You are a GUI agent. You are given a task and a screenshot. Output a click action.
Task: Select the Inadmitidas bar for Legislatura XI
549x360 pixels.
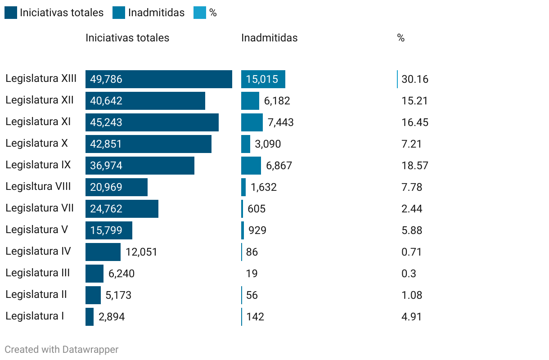252,122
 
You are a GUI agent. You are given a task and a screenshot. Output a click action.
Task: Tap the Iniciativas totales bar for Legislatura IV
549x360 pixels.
103,252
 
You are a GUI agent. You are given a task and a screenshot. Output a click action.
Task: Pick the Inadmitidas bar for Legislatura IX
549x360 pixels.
251,166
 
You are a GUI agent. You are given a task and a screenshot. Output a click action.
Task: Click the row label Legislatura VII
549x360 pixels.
40,208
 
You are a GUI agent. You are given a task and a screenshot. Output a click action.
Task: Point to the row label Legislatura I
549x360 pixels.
35,316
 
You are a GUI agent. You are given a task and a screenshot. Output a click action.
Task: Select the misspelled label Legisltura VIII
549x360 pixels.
38,187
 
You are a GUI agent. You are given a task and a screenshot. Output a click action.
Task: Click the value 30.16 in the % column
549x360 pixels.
414,80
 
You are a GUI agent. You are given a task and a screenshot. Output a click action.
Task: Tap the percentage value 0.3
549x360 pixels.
409,274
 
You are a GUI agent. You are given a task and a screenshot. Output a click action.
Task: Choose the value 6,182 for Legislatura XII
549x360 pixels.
277,101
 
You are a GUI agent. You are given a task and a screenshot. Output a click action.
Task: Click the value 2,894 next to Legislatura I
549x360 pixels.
111,317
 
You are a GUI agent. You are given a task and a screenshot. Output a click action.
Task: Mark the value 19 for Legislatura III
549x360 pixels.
252,274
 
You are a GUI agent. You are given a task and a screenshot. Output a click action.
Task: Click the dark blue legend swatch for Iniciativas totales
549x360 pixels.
11,13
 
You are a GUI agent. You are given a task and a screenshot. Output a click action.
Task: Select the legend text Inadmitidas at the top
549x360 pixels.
156,13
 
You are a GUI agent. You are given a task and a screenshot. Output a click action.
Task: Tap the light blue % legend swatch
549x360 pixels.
199,13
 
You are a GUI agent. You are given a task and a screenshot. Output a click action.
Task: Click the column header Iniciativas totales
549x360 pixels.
127,38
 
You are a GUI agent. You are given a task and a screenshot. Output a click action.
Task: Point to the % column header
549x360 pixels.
400,38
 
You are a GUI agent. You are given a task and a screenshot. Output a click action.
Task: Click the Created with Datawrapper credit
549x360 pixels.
61,349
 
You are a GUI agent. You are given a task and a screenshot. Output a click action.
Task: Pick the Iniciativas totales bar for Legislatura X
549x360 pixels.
148,144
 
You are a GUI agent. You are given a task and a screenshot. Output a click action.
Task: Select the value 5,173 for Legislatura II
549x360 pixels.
118,295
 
